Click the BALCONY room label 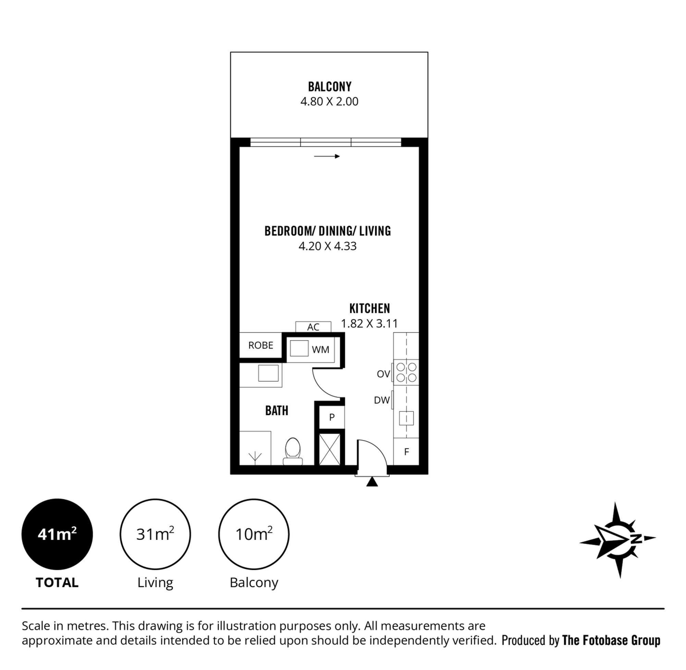click(329, 86)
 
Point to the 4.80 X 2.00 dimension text click(329, 101)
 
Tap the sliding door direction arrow click(327, 156)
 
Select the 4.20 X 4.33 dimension click(327, 246)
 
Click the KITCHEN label click(369, 309)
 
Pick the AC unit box click(313, 327)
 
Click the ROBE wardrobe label click(260, 345)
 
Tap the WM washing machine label click(320, 349)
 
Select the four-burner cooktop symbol click(406, 372)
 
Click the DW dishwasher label click(382, 400)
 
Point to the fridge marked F click(406, 452)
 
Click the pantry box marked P click(332, 417)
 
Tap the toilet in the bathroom click(293, 452)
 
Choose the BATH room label click(277, 411)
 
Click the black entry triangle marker click(372, 482)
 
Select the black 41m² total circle click(57, 534)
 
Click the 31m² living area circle click(155, 534)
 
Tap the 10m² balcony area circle click(254, 534)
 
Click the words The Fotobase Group click(611, 641)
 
